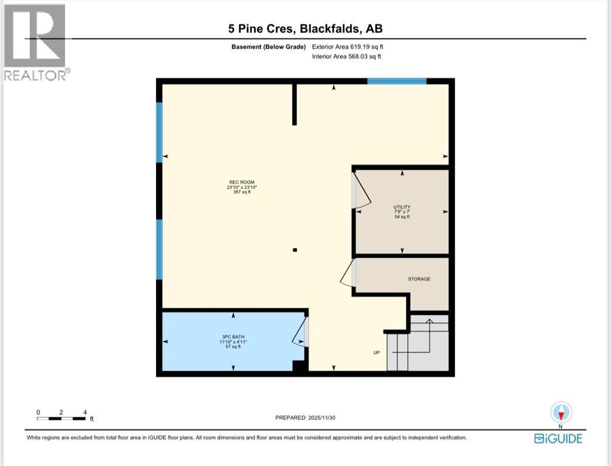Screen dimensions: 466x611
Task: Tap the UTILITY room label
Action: (402, 206)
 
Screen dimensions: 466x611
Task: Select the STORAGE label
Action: (419, 279)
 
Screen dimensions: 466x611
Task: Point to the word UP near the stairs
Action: (376, 352)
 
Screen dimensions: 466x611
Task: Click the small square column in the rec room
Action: (295, 249)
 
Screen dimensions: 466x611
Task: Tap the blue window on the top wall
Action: (397, 81)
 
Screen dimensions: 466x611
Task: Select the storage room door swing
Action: (348, 274)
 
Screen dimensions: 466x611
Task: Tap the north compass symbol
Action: (561, 413)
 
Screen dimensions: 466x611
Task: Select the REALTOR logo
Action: (35, 42)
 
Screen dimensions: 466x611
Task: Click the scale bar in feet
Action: (61, 417)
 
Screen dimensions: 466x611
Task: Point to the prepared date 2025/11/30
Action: (305, 417)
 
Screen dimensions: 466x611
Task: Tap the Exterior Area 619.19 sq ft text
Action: (348, 47)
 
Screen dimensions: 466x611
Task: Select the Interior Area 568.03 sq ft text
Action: (347, 56)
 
